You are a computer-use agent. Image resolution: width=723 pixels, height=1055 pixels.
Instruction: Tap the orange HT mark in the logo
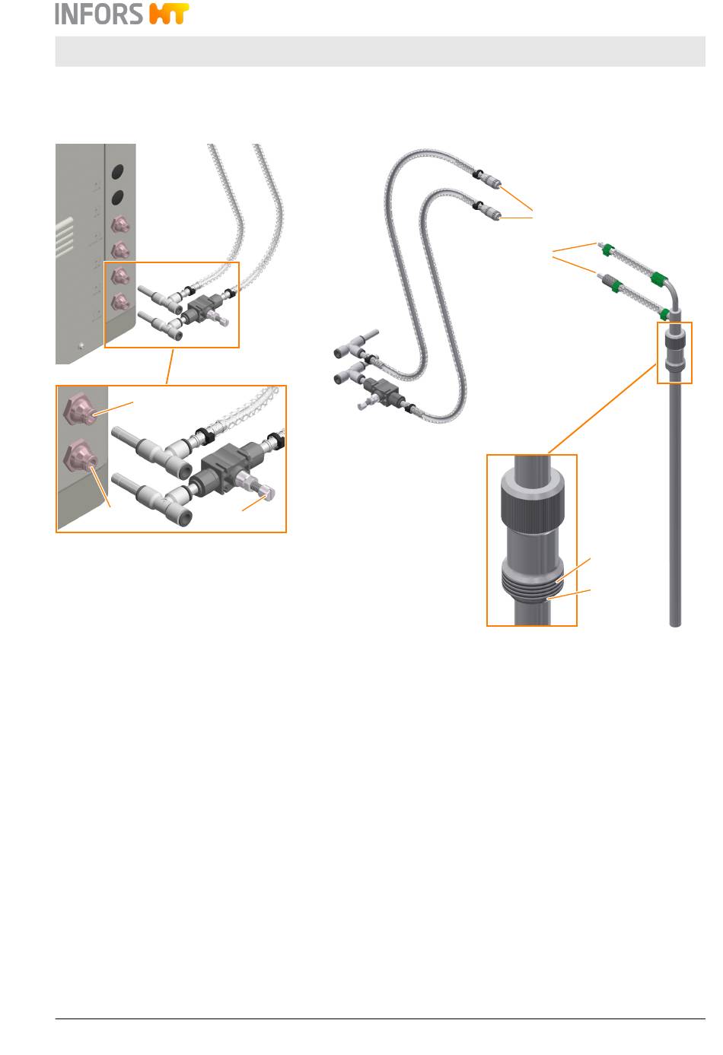168,14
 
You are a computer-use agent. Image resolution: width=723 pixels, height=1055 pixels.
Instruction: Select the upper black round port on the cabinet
119,172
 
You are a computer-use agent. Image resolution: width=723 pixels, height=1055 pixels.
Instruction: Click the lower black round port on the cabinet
119,199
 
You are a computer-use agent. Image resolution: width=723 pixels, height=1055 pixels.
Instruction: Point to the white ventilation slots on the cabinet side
65,237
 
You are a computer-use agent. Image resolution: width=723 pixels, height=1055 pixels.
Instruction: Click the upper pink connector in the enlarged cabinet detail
81,408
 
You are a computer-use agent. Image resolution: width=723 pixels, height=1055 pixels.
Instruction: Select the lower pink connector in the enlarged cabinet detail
81,460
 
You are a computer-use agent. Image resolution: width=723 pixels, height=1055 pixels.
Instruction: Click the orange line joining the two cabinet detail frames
170,367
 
